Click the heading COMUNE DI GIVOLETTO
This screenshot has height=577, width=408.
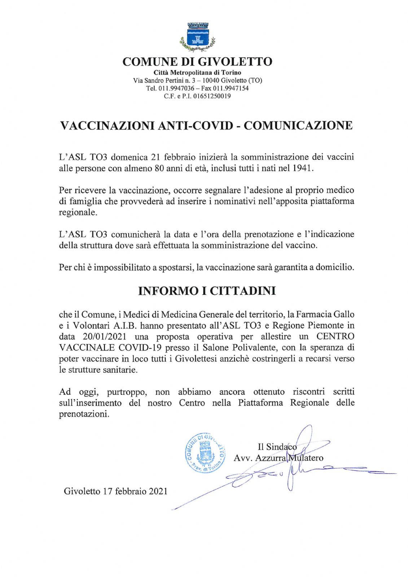(197, 62)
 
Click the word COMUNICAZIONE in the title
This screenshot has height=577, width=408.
(298, 125)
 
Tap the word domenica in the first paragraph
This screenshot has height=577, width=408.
(129, 157)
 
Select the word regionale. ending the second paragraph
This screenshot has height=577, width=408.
(78, 212)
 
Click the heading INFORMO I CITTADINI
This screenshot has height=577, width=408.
(207, 291)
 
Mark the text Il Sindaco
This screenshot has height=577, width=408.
(277, 447)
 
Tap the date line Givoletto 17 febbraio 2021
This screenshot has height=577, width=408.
(115, 491)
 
